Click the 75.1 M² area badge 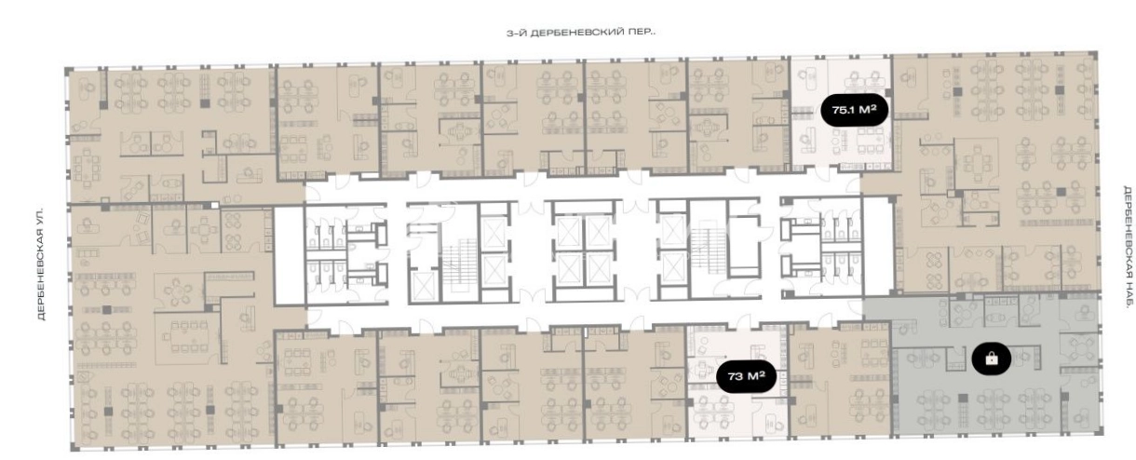(x=854, y=110)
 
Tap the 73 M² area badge (x=746, y=376)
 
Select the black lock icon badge (x=991, y=359)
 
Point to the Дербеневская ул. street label (x=42, y=264)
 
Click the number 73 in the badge (x=736, y=377)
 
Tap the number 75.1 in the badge (x=844, y=110)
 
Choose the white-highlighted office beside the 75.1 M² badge (x=842, y=113)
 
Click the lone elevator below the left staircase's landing (x=424, y=287)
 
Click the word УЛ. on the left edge (x=42, y=213)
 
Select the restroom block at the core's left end (x=345, y=254)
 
